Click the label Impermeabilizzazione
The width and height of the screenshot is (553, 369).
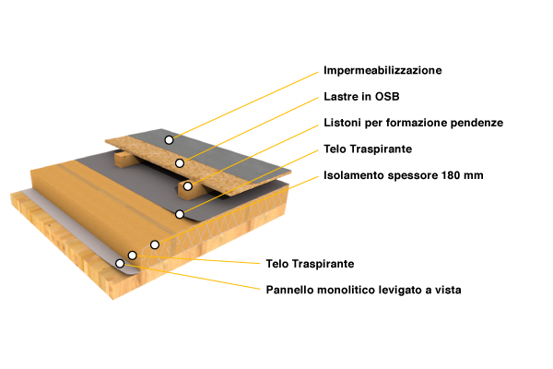point(382,70)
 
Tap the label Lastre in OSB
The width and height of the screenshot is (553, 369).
point(361,96)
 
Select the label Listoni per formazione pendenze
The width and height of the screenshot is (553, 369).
point(413,123)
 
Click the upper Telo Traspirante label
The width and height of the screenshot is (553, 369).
point(368,149)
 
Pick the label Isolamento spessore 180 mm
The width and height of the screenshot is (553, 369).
point(404,175)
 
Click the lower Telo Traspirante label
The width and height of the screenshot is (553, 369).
point(310,264)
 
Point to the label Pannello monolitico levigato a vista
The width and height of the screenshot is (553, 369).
point(364,290)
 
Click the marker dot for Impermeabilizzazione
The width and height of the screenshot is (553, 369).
point(169,140)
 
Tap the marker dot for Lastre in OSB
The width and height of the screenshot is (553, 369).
point(180,163)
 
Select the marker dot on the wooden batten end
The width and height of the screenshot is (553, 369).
point(188,186)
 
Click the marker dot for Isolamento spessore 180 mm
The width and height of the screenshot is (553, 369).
point(155,244)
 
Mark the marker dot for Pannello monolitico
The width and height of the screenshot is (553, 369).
point(120,264)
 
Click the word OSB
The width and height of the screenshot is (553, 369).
point(387,96)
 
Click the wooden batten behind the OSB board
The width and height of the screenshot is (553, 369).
point(124,160)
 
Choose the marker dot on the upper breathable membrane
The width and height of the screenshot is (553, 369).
point(180,214)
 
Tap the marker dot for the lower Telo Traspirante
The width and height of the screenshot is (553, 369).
point(132,255)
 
